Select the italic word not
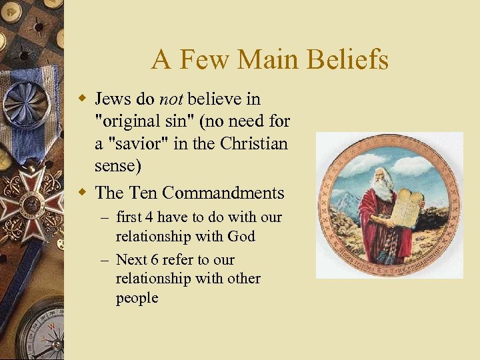(172, 99)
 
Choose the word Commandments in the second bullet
(223, 193)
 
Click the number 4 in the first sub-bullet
(151, 217)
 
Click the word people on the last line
(137, 298)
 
